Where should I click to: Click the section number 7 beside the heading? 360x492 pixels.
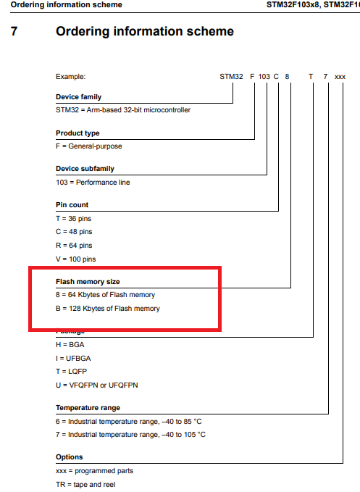click(x=14, y=32)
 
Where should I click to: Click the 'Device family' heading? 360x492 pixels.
click(x=78, y=97)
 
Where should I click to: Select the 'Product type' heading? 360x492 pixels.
click(x=78, y=133)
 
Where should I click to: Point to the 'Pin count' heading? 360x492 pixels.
click(x=72, y=205)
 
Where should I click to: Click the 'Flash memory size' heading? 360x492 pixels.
click(x=87, y=282)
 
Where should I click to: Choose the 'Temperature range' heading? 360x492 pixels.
click(x=88, y=408)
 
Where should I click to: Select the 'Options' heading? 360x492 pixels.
click(x=70, y=457)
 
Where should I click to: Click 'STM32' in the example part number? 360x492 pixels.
click(x=231, y=75)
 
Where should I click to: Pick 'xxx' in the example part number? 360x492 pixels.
click(x=340, y=75)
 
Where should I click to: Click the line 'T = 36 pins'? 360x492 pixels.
click(x=74, y=218)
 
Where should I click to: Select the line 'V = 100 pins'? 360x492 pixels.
click(x=76, y=259)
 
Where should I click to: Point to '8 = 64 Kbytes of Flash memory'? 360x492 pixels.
click(x=105, y=295)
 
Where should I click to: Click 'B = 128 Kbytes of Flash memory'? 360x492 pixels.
click(x=107, y=309)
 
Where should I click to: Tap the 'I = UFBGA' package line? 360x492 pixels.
click(x=73, y=358)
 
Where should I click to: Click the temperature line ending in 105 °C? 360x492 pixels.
click(x=130, y=435)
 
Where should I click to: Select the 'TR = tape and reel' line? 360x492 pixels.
click(x=85, y=484)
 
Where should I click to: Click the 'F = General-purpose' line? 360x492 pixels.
click(x=89, y=146)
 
